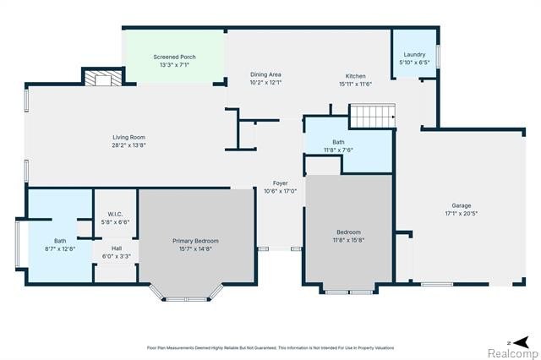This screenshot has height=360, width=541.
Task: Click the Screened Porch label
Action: (x=175, y=57)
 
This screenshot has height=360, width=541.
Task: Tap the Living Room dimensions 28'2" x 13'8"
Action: (x=128, y=145)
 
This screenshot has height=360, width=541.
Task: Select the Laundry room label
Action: (x=414, y=54)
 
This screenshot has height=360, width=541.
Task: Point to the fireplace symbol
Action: (x=103, y=79)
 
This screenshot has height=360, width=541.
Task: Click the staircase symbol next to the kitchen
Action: (x=373, y=117)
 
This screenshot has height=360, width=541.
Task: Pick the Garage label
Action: (x=462, y=205)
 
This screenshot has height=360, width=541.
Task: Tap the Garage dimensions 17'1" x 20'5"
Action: (x=462, y=214)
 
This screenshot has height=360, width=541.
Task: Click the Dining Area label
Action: (x=265, y=74)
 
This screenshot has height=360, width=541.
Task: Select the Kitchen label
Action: (x=355, y=76)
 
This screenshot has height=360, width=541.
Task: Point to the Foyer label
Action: (x=280, y=183)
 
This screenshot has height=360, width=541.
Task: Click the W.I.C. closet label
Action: (x=115, y=214)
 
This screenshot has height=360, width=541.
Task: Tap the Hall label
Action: (x=117, y=248)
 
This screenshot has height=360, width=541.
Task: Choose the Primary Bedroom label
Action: (x=195, y=241)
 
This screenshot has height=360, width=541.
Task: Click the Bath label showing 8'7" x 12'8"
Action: (x=60, y=241)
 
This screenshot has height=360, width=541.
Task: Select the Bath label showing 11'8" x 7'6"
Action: (x=338, y=142)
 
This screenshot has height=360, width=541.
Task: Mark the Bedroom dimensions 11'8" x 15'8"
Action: (x=349, y=240)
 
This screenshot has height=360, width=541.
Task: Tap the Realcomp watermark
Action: (x=513, y=353)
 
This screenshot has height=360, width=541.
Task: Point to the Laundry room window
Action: (x=438, y=57)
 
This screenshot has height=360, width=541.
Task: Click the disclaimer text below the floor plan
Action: (x=270, y=348)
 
